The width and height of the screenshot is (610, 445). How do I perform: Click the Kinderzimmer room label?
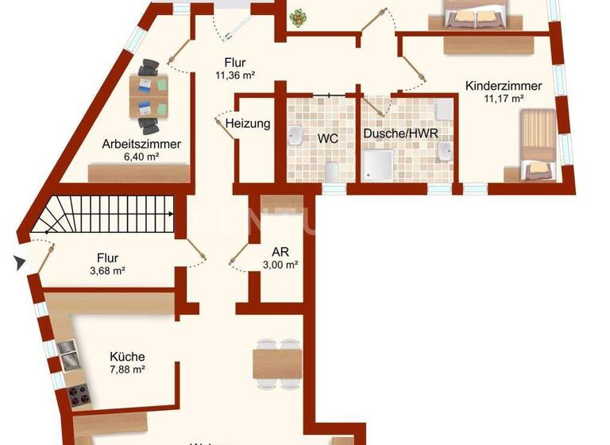(x=504, y=85)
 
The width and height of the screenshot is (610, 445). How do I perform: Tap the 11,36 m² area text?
(x=234, y=76)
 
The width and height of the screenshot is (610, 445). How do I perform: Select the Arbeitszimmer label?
(x=141, y=145)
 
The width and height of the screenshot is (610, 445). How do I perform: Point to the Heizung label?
(x=248, y=124)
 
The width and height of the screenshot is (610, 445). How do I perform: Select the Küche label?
(x=127, y=357)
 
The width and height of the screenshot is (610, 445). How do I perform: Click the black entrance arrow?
(x=19, y=261)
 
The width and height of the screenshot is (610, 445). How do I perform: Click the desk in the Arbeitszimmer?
(x=149, y=95)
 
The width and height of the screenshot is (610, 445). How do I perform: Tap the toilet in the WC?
(x=333, y=171)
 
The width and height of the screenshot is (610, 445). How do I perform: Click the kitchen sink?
(x=68, y=355)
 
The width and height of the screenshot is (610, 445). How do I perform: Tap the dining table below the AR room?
(x=277, y=362)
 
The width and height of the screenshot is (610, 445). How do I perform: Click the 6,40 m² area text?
(x=141, y=158)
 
